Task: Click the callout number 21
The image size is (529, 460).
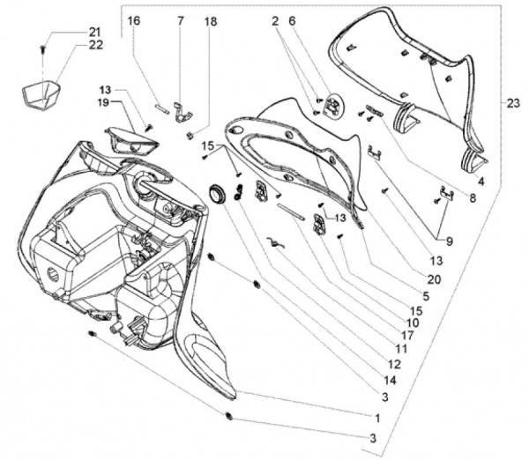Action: [x=94, y=33]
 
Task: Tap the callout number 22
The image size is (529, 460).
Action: [x=94, y=45]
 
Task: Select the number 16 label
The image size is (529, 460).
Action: [x=134, y=20]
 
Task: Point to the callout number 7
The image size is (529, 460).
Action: [x=181, y=20]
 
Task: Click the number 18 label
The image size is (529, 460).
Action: [x=210, y=20]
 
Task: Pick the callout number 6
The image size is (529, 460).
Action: [x=293, y=20]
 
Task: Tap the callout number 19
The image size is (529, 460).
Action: [x=103, y=102]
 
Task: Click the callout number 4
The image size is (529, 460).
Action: [x=480, y=181]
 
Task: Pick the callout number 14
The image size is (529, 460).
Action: [x=388, y=379]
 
